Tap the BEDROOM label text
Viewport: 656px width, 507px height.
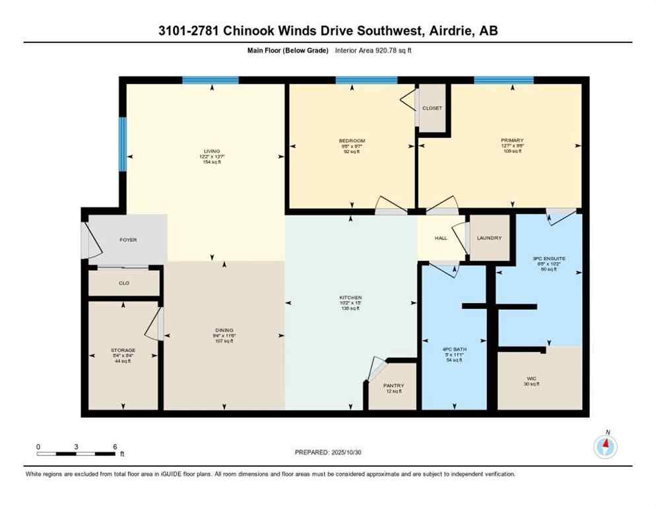coord(351,141)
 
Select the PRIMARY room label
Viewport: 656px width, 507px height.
coord(511,140)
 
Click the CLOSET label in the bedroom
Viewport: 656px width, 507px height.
coord(432,108)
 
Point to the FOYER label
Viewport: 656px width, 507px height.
coord(128,240)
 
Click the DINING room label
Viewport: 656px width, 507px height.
coord(224,330)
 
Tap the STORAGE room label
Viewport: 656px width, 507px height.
coord(123,350)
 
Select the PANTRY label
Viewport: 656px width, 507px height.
coord(393,386)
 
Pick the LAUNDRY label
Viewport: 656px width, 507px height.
coord(489,238)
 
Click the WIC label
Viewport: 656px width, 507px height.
coord(531,378)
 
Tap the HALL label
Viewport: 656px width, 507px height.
coord(442,238)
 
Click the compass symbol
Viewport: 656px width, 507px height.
coord(605,447)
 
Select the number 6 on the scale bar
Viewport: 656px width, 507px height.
coord(115,447)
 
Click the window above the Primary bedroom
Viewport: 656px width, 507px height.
coord(504,80)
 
